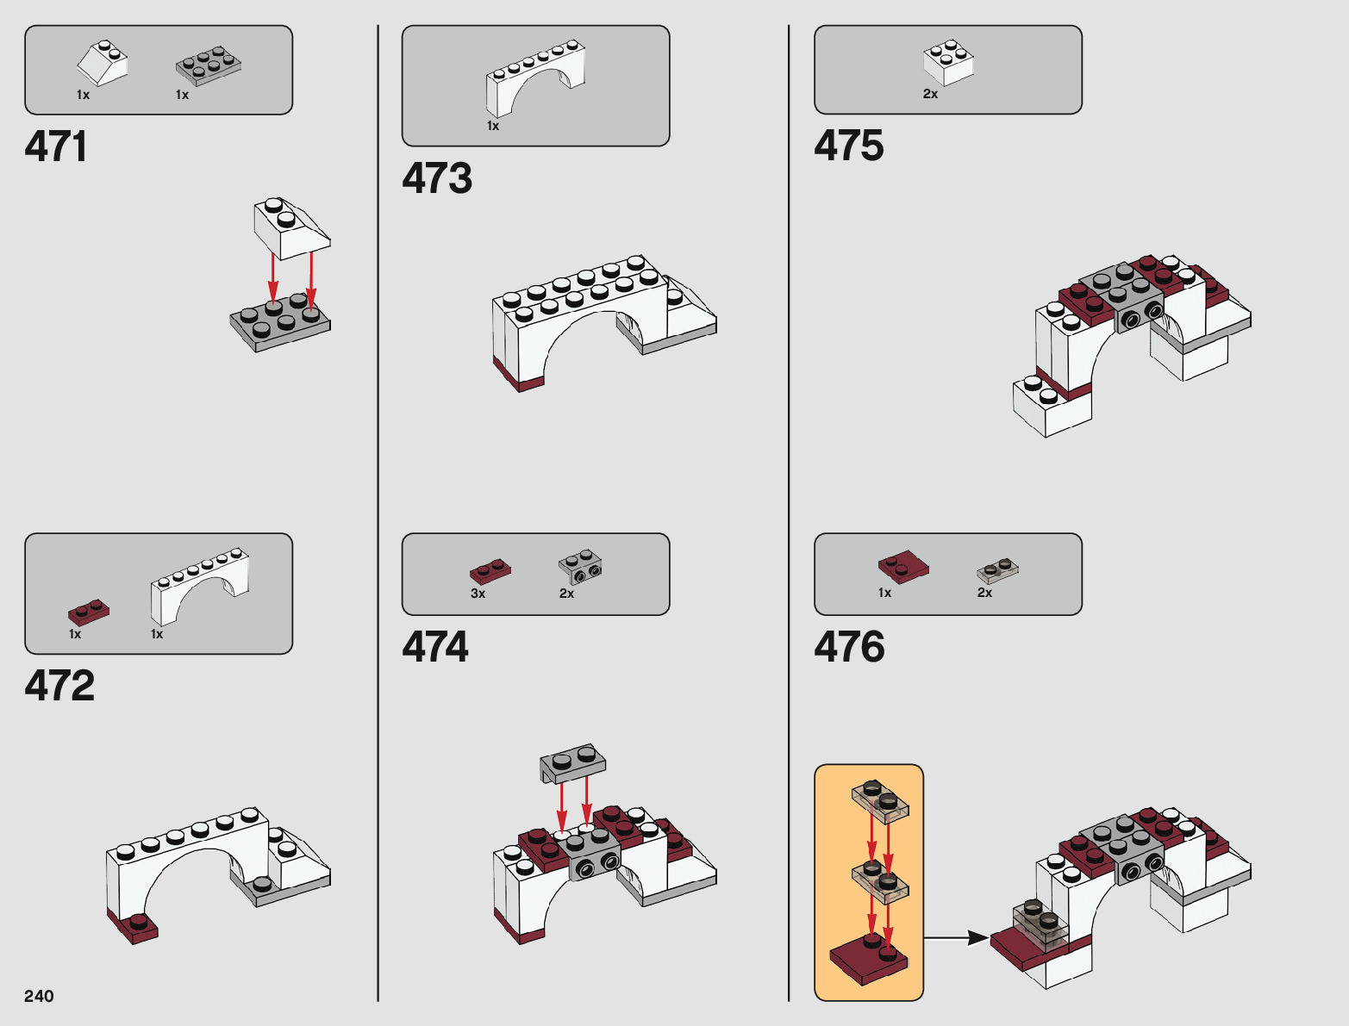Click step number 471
pyautogui.click(x=56, y=146)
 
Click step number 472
pyautogui.click(x=59, y=686)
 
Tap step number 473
pyautogui.click(x=437, y=178)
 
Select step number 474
pyautogui.click(x=435, y=647)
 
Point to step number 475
pyautogui.click(x=849, y=146)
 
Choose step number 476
pyautogui.click(x=849, y=647)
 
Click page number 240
pyautogui.click(x=39, y=996)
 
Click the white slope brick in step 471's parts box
pyautogui.click(x=103, y=63)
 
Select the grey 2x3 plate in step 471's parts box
pyautogui.click(x=208, y=65)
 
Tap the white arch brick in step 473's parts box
pyautogui.click(x=535, y=78)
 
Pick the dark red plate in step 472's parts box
pyautogui.click(x=89, y=612)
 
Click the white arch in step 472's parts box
pyautogui.click(x=200, y=587)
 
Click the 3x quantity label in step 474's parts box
pyautogui.click(x=478, y=594)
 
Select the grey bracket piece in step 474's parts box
pyautogui.click(x=580, y=567)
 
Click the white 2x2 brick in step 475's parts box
pyautogui.click(x=948, y=62)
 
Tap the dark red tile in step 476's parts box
pyautogui.click(x=903, y=566)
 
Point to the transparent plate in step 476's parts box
pyautogui.click(x=997, y=570)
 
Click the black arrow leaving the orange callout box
pyautogui.click(x=956, y=937)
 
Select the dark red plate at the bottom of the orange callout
pyautogui.click(x=868, y=958)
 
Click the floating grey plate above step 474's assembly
pyautogui.click(x=573, y=762)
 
